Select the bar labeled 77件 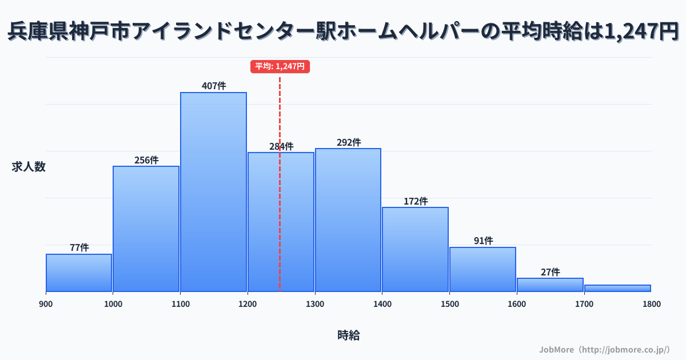[x=79, y=273]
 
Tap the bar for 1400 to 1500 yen [x=416, y=249]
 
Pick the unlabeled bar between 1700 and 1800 [x=617, y=288]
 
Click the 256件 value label [x=146, y=160]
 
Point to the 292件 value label [x=348, y=142]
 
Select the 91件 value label [x=483, y=241]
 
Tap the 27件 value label [x=550, y=272]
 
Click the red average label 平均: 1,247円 [x=280, y=66]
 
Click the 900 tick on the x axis [x=46, y=304]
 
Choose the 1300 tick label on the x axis [x=315, y=304]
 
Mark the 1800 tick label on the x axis [x=651, y=304]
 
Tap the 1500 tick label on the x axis [x=449, y=304]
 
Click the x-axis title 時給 [x=348, y=335]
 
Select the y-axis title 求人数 [x=29, y=167]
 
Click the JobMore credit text [x=604, y=349]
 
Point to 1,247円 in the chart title [x=641, y=32]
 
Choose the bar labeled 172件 [x=416, y=249]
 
